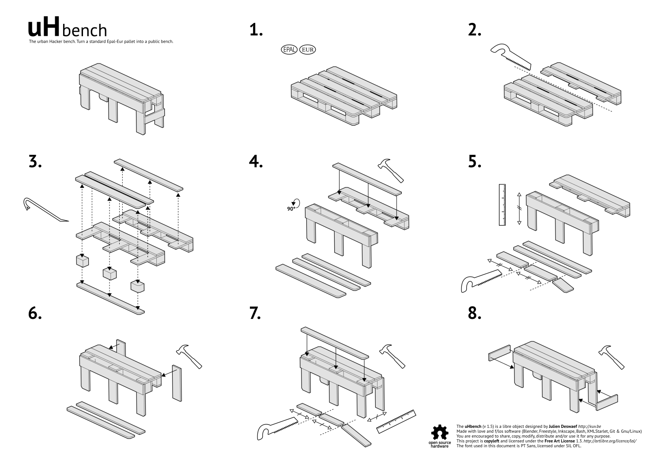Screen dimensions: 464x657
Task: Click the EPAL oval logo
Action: [290, 49]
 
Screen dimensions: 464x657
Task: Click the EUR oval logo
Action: [308, 49]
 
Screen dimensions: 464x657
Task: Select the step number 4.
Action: [256, 162]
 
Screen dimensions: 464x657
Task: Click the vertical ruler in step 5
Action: [502, 205]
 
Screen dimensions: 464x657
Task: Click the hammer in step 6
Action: [189, 355]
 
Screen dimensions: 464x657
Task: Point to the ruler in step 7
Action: [396, 421]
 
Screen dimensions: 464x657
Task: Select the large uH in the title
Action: [43, 28]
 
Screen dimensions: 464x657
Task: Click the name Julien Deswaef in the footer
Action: [563, 427]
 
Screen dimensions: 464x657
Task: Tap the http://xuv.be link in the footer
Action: [589, 427]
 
